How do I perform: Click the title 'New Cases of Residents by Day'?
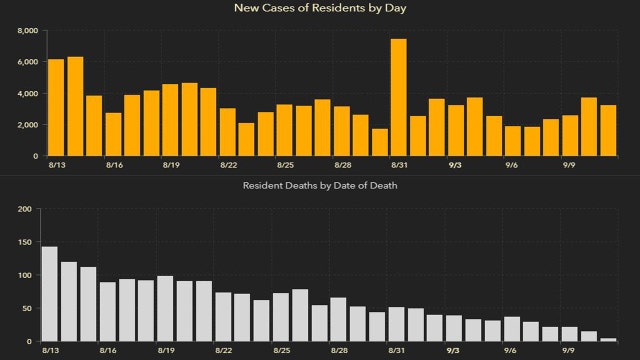(320, 8)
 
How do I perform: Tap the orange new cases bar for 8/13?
(56, 108)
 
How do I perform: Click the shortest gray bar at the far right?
(608, 340)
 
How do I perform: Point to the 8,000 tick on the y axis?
(28, 31)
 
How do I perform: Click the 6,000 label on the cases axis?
(28, 62)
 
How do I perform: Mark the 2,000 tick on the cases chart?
(28, 125)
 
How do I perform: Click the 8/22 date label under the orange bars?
(228, 164)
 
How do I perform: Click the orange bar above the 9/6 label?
(512, 141)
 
